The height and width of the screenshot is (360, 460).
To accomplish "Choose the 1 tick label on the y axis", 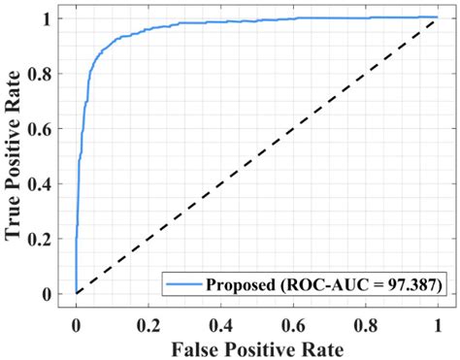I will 55,17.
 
